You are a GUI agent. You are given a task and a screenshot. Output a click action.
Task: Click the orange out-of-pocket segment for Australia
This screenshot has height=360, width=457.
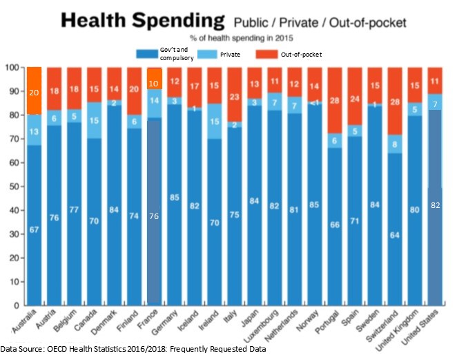pos(34,90)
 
